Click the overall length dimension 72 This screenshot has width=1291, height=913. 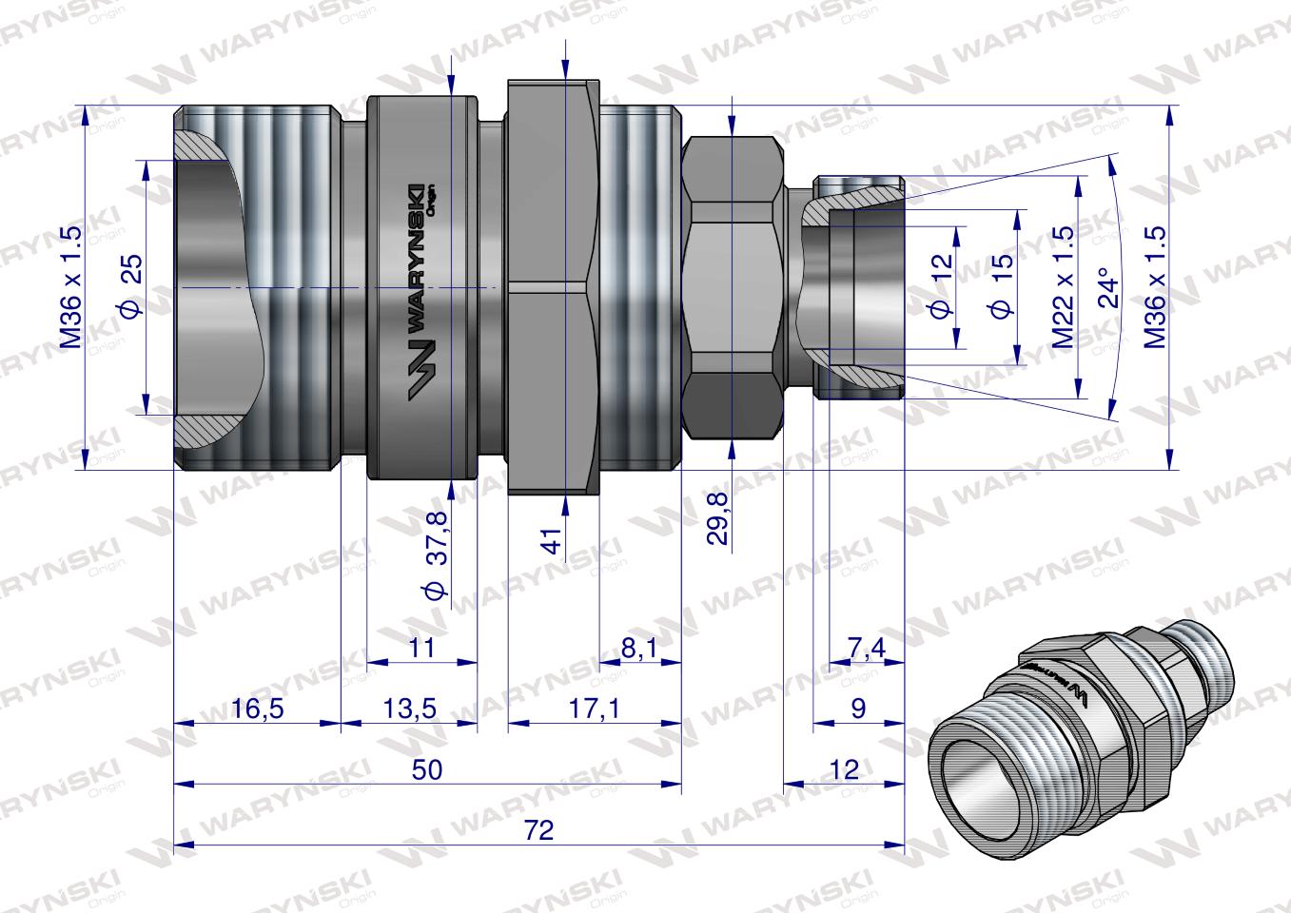pos(538,830)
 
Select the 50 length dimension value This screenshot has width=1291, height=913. pos(428,770)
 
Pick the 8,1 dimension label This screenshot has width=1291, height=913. pos(638,649)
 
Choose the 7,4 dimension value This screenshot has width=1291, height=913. pos(866,649)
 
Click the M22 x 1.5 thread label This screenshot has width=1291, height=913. pos(1063,286)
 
